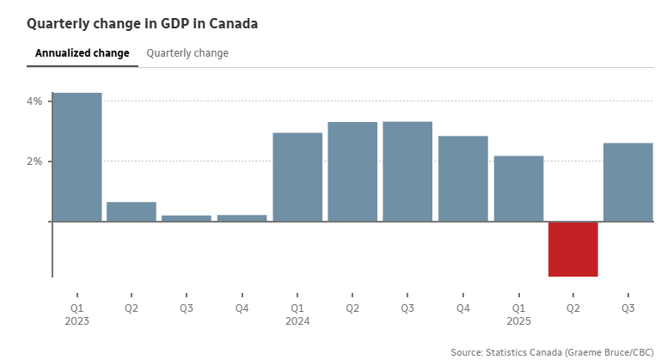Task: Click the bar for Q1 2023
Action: click(76, 156)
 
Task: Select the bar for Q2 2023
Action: click(132, 211)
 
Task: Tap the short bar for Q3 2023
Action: click(187, 218)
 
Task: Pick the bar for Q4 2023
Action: click(242, 218)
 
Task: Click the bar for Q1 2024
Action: click(297, 177)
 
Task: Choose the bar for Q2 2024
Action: click(352, 172)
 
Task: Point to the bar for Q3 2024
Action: click(407, 172)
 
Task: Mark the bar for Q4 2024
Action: click(463, 179)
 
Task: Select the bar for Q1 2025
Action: click(518, 188)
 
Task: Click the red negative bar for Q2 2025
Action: click(573, 249)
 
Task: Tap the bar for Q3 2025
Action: click(628, 182)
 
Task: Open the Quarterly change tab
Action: click(187, 53)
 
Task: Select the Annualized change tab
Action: click(83, 53)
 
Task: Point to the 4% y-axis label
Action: click(34, 101)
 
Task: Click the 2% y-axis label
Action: click(34, 162)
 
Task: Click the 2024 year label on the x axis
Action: click(298, 321)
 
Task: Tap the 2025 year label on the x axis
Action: click(519, 321)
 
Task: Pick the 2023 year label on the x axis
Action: click(77, 321)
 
